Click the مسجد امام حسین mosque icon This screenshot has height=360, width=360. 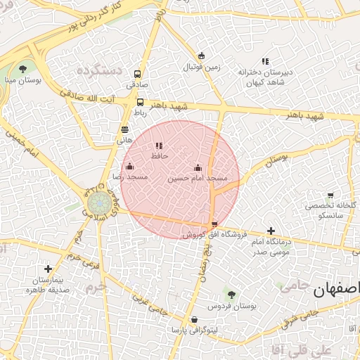click(198, 167)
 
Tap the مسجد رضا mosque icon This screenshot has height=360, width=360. click(129, 167)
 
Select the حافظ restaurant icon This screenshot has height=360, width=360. click(158, 146)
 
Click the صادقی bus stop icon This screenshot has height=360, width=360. click(137, 73)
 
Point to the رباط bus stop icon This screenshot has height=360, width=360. click(140, 102)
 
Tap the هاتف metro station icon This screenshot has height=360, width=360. click(124, 129)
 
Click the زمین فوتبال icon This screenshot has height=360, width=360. click(202, 56)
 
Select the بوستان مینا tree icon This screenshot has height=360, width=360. click(23, 69)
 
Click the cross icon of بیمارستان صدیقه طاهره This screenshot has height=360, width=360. click(48, 269)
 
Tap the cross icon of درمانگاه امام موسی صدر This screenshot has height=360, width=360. click(271, 231)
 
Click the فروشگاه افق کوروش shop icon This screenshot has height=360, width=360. click(214, 224)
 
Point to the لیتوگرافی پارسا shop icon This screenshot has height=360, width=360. click(194, 320)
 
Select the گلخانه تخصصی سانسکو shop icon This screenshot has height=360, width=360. click(330, 195)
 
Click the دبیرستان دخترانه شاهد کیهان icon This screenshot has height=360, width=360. click(265, 61)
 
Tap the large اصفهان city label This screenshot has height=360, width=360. click(335, 289)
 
